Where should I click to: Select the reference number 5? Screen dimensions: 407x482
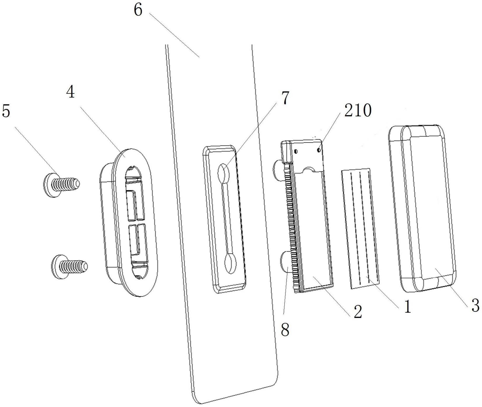6,111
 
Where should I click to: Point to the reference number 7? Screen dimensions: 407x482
285,98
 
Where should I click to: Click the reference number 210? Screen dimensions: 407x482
358,110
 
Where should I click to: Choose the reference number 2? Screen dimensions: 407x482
358,312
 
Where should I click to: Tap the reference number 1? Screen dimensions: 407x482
407,307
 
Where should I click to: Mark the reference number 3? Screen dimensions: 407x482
475,305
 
